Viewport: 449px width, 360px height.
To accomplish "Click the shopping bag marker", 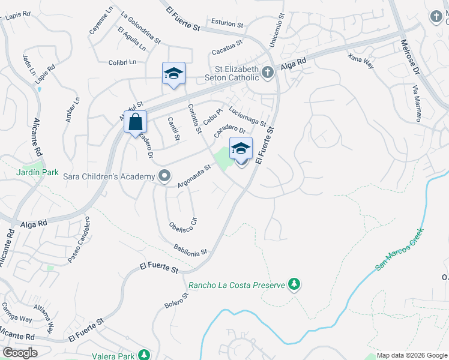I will click(136, 122).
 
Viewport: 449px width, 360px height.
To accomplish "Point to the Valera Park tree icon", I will click(143, 355).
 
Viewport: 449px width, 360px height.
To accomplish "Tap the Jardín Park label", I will click(37, 172).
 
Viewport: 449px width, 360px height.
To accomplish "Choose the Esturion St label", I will click(226, 25).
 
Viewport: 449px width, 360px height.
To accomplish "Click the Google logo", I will click(19, 352).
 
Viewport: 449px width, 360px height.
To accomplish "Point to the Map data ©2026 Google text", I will click(411, 355).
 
